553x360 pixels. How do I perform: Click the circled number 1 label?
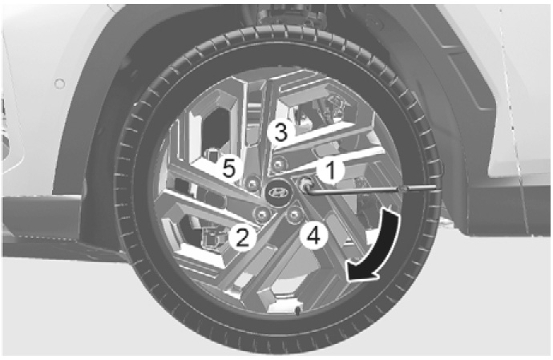pyautogui.click(x=330, y=171)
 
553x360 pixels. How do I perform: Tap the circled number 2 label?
pyautogui.click(x=242, y=237)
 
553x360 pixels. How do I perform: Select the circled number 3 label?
pyautogui.click(x=281, y=133)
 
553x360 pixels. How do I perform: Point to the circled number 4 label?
pyautogui.click(x=314, y=235)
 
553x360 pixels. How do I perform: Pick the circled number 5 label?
pyautogui.click(x=229, y=168)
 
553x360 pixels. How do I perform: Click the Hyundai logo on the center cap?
pyautogui.click(x=279, y=192)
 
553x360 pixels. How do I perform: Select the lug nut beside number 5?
pyautogui.click(x=252, y=183)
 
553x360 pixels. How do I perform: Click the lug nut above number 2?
pyautogui.click(x=262, y=214)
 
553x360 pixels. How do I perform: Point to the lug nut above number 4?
pyautogui.click(x=294, y=214)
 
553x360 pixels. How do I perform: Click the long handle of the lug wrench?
pyautogui.click(x=370, y=190)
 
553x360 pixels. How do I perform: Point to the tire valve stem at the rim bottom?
pyautogui.click(x=297, y=310)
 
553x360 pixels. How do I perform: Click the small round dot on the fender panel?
pyautogui.click(x=59, y=84)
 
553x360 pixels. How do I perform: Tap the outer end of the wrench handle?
pyautogui.click(x=436, y=188)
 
